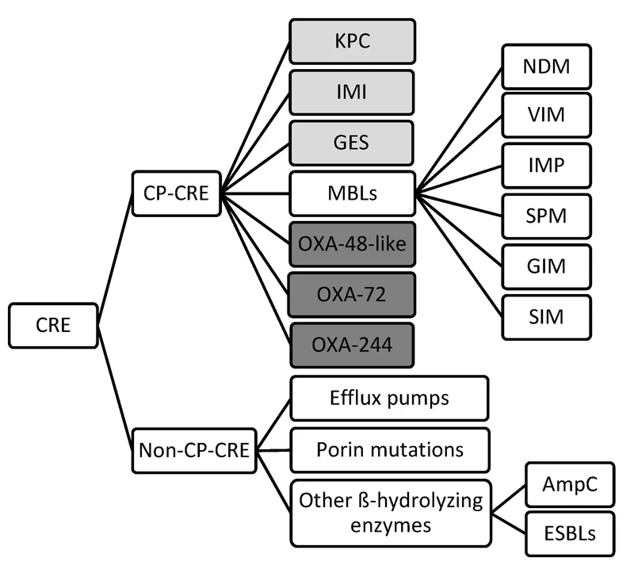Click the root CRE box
click(x=53, y=326)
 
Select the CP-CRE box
click(x=175, y=193)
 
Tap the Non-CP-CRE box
click(x=190, y=451)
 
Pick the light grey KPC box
click(x=350, y=41)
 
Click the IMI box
click(x=350, y=92)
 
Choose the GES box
click(x=350, y=143)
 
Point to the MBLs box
click(x=350, y=193)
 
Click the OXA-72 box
click(x=350, y=295)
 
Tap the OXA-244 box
click(x=350, y=346)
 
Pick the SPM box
click(x=546, y=216)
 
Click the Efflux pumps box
click(x=388, y=399)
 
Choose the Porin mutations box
click(x=388, y=450)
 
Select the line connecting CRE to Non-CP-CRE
click(x=116, y=388)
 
